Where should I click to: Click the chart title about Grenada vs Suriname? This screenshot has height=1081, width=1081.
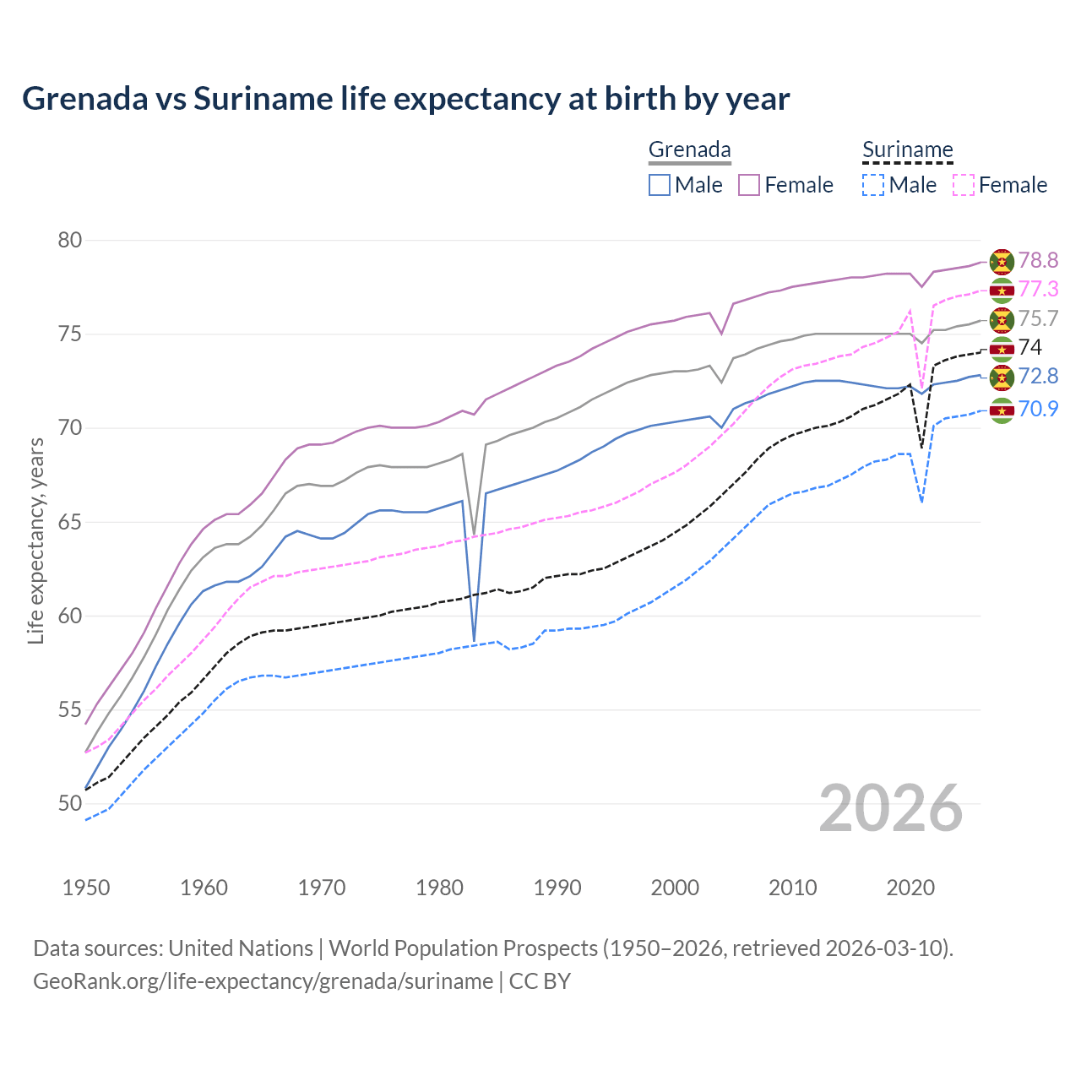tap(405, 99)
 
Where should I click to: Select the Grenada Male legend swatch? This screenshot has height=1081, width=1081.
tap(660, 185)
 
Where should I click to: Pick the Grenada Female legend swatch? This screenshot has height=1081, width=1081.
tap(749, 185)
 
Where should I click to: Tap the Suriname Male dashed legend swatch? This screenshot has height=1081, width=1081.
tap(873, 185)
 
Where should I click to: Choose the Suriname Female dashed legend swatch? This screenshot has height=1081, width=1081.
tap(963, 185)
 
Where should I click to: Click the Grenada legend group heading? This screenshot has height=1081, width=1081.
tap(689, 150)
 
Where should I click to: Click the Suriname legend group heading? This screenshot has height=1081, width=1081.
tap(907, 150)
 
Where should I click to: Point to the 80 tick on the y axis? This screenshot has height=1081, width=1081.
tap(70, 241)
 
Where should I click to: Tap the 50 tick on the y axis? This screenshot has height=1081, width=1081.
tap(70, 804)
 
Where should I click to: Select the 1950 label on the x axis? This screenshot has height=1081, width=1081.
tap(86, 888)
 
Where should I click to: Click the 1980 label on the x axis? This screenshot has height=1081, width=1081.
tap(439, 888)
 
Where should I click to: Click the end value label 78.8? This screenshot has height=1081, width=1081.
tap(1038, 261)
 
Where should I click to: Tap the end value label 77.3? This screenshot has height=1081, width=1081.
tap(1038, 290)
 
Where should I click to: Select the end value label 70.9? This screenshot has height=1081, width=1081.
tap(1038, 410)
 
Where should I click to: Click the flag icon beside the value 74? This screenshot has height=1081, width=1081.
tap(1002, 348)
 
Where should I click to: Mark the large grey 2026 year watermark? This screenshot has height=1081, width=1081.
tap(890, 808)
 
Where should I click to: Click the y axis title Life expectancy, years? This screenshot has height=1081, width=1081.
tap(36, 540)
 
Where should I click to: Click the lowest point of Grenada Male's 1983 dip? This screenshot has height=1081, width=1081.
tap(474, 641)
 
